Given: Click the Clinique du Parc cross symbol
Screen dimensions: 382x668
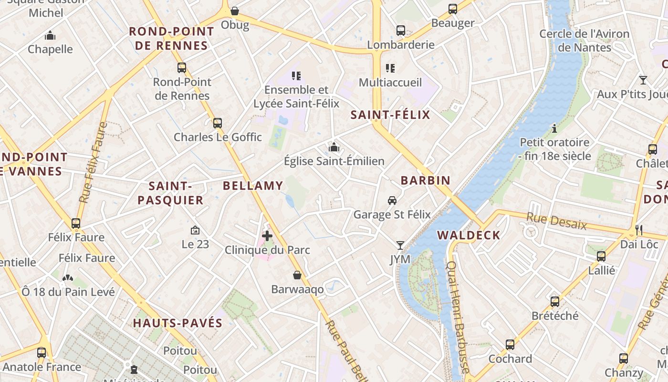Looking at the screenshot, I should (267, 235).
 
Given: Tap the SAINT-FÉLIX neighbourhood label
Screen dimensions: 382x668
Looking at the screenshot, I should (390, 115).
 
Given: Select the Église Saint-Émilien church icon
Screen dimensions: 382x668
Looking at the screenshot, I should (334, 147).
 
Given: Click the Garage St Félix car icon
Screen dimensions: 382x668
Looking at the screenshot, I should (392, 201).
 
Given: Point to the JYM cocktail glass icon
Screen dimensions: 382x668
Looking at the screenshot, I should (400, 245).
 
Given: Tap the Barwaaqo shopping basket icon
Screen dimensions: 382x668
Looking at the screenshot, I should (297, 275).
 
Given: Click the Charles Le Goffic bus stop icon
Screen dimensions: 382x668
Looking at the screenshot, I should (218, 123).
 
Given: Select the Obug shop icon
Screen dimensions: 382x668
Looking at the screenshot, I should (235, 11).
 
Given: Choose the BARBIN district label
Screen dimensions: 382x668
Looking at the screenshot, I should (425, 180).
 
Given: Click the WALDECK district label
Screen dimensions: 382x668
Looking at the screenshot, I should (469, 235).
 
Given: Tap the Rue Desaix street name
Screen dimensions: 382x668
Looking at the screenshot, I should (556, 221).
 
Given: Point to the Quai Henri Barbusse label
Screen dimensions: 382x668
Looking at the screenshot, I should (458, 317).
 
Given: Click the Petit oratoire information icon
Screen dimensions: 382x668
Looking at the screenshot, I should (554, 128).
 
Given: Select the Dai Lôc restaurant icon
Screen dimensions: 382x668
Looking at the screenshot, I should (639, 230).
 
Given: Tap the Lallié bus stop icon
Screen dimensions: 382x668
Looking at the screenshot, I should (601, 256).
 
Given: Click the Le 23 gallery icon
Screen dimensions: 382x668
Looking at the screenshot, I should (195, 230).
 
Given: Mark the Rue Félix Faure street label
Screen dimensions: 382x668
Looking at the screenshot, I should (94, 162).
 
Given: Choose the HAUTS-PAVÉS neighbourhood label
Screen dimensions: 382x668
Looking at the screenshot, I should (177, 323).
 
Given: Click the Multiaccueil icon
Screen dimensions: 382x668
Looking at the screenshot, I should (390, 68).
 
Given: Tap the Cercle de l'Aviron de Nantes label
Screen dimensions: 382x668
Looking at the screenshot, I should (584, 41).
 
